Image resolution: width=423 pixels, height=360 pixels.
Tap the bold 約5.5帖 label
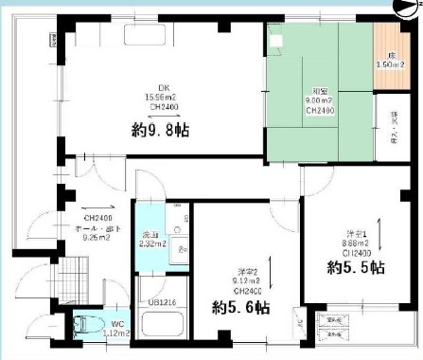click(352, 266)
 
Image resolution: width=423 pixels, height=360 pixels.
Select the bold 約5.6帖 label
click(241, 307)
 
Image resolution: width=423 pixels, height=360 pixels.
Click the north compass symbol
click(405, 8)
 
